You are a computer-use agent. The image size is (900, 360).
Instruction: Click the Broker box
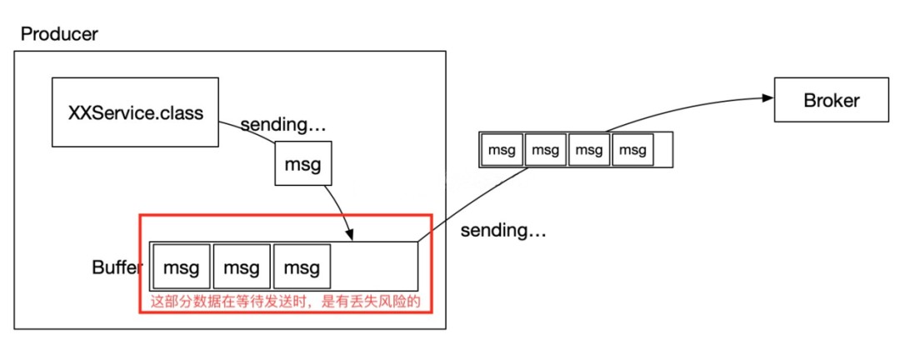[x=831, y=100]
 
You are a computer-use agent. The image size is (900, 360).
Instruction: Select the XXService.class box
[x=135, y=112]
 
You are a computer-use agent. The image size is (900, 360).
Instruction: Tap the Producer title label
[x=59, y=34]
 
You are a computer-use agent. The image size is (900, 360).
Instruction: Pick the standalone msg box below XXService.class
[x=302, y=163]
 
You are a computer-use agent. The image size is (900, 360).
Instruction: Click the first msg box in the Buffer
[x=181, y=267]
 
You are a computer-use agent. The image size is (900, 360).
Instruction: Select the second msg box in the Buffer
[x=242, y=267]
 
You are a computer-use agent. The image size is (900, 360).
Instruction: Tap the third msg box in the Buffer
[x=302, y=267]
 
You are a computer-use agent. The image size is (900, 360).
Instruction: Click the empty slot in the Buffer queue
[x=374, y=267]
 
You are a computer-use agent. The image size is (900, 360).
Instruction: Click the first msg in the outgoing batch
[x=502, y=150]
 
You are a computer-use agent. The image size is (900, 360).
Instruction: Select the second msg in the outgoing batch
[x=545, y=150]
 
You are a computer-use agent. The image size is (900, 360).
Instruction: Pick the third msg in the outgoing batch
[x=588, y=150]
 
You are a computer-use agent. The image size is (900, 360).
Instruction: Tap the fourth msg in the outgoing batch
[x=632, y=150]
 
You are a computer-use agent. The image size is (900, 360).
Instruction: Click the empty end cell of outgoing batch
[x=662, y=150]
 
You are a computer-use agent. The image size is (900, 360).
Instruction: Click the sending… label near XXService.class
[x=283, y=126]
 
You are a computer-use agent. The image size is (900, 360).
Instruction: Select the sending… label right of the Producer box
[x=503, y=231]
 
